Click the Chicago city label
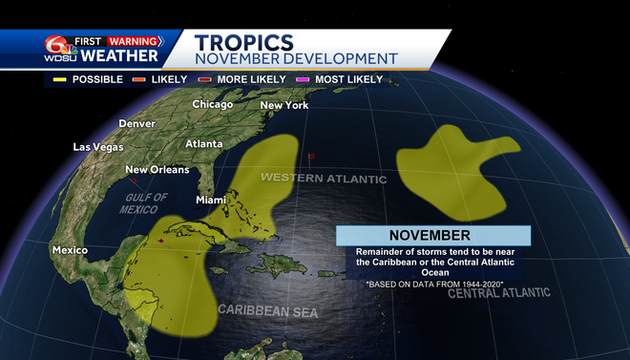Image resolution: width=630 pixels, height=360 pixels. click(x=213, y=104)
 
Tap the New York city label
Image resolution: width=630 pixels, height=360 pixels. click(x=284, y=105)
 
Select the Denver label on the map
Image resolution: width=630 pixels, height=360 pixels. click(x=136, y=124)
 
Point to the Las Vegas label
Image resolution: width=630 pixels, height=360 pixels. click(x=99, y=147)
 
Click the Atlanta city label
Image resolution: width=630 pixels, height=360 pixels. click(x=204, y=143)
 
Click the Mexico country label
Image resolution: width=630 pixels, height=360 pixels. click(x=70, y=250)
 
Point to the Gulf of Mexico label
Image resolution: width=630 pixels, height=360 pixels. click(x=145, y=203)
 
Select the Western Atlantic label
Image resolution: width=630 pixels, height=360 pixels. click(x=324, y=179)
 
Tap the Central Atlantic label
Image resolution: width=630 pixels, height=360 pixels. click(x=499, y=292)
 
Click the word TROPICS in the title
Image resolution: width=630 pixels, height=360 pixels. click(x=243, y=41)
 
